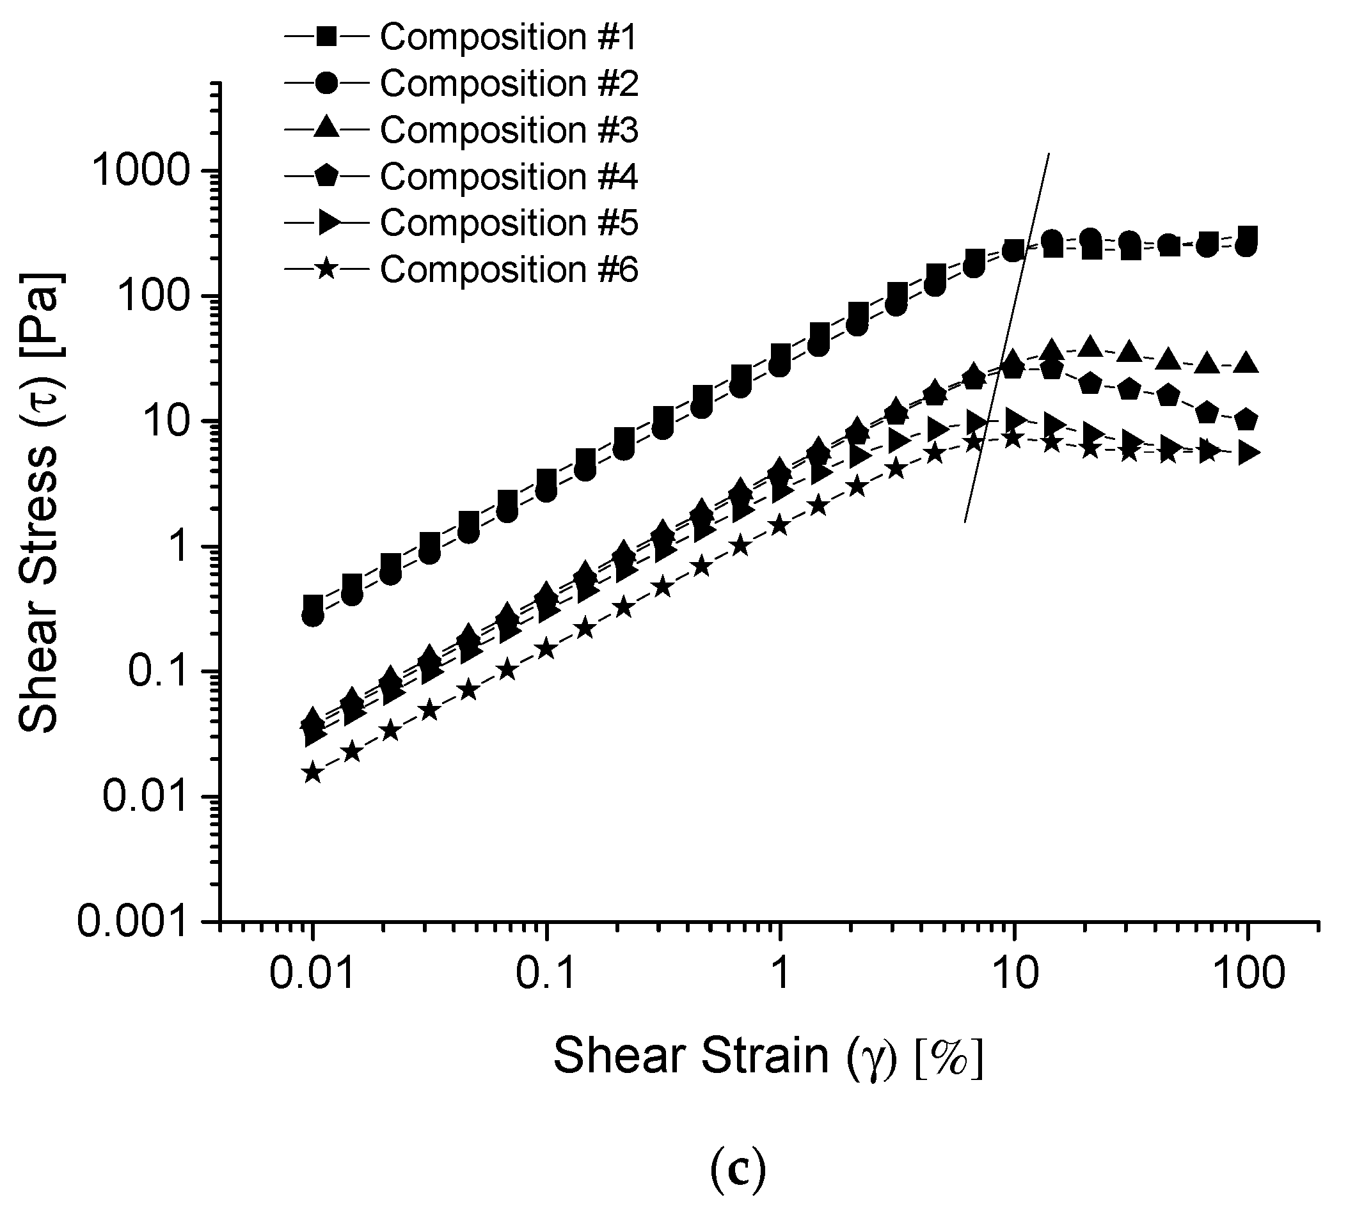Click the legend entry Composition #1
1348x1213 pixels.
pos(508,36)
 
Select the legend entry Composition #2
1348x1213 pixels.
pos(508,83)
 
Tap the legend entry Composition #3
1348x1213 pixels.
pos(508,130)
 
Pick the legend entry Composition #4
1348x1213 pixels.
pos(508,176)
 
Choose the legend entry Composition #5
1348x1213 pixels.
pos(508,223)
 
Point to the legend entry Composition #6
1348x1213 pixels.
pos(508,269)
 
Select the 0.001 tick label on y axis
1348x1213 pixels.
pos(131,923)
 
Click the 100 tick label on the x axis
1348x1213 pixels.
pos(1247,974)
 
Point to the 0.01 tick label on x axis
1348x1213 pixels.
pos(312,974)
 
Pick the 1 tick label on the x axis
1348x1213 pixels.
pos(779,974)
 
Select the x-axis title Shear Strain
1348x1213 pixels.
pos(768,1056)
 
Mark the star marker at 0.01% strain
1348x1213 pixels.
pos(313,774)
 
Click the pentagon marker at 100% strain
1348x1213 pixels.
pos(1246,421)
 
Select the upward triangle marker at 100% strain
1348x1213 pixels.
pos(1246,364)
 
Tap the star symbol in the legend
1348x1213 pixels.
pos(326,270)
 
